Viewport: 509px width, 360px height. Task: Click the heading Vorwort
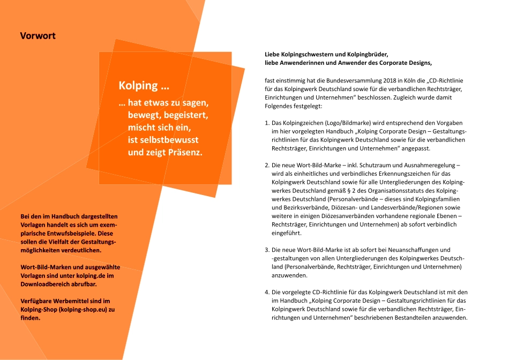point(38,36)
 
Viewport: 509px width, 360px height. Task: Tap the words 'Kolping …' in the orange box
point(144,86)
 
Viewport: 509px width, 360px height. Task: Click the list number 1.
point(267,123)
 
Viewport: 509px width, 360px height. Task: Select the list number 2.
point(267,165)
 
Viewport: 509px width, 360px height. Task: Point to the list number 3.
point(267,250)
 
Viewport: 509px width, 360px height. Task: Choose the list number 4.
point(267,292)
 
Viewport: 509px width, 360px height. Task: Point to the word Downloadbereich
point(44,283)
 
